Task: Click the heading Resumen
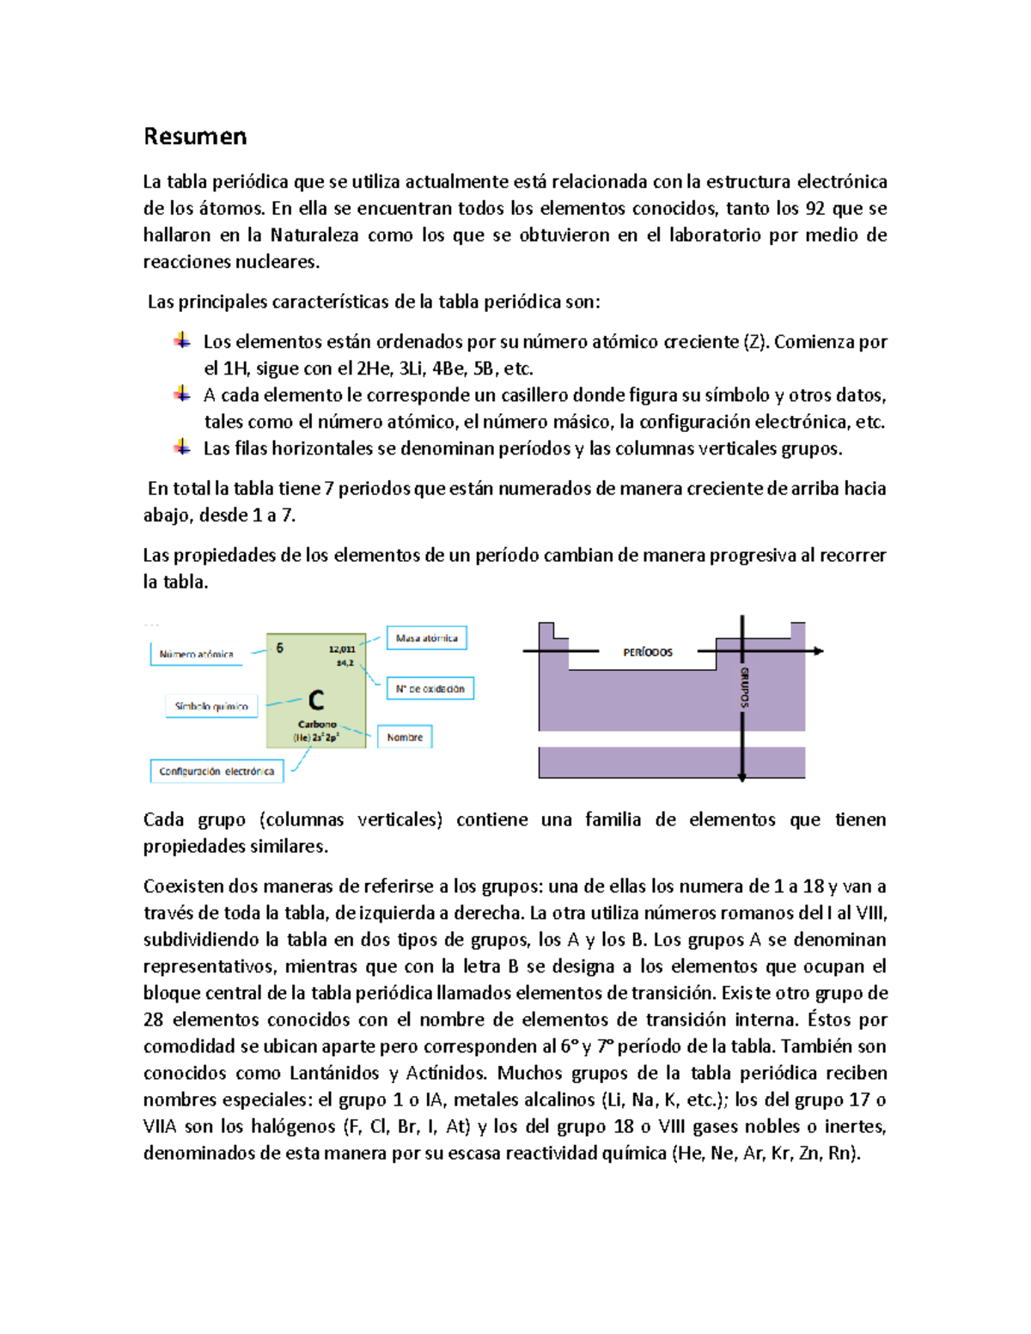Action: pyautogui.click(x=195, y=137)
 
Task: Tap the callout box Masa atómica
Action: pyautogui.click(x=426, y=638)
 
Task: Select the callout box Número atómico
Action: pyautogui.click(x=197, y=655)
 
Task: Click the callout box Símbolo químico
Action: pyautogui.click(x=211, y=706)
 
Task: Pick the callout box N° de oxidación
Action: pyautogui.click(x=430, y=689)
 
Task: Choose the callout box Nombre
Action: pyautogui.click(x=405, y=737)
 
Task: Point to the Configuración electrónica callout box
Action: pyautogui.click(x=217, y=771)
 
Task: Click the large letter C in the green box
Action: pyautogui.click(x=316, y=701)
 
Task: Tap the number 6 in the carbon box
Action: pyautogui.click(x=280, y=649)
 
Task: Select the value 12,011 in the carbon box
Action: pyautogui.click(x=341, y=649)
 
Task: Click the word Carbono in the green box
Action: pyautogui.click(x=317, y=724)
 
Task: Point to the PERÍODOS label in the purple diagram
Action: pyautogui.click(x=648, y=653)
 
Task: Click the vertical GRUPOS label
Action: pyautogui.click(x=744, y=687)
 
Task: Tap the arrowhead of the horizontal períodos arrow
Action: pyautogui.click(x=819, y=651)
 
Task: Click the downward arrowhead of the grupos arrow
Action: pyautogui.click(x=742, y=777)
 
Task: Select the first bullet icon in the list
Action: pyautogui.click(x=182, y=340)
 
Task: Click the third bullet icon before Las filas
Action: pyautogui.click(x=182, y=447)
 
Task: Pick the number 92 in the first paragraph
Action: pyautogui.click(x=814, y=209)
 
